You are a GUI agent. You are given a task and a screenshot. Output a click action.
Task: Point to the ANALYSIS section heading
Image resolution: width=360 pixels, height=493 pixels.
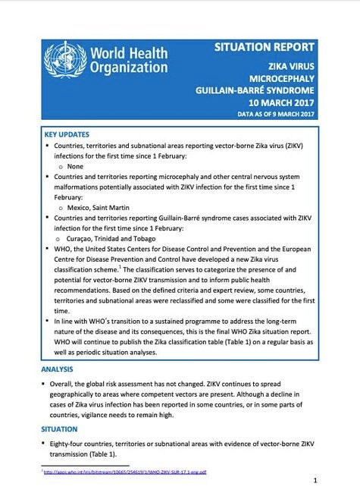point(58,369)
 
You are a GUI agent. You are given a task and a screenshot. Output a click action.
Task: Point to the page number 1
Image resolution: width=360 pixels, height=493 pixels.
point(315,481)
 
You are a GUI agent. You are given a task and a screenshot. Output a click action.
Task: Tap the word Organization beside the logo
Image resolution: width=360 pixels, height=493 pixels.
point(128,67)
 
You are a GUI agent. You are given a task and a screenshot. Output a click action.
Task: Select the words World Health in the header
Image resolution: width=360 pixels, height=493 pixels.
point(130,50)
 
